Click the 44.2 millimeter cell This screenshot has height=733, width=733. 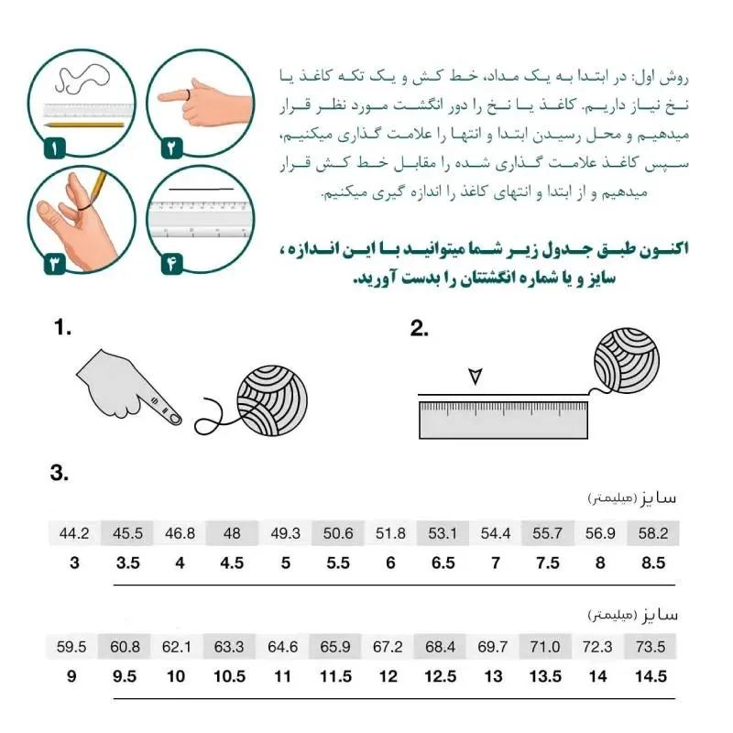[x=74, y=533]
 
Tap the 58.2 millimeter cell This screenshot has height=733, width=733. [x=653, y=533]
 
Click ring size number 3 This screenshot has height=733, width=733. [x=74, y=563]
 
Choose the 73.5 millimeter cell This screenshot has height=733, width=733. [x=653, y=647]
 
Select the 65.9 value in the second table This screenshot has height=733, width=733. [x=336, y=647]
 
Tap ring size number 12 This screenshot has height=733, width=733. [x=388, y=677]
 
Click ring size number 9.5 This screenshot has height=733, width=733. [x=126, y=677]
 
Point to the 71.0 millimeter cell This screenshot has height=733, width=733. [x=548, y=647]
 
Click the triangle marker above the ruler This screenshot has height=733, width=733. [x=474, y=377]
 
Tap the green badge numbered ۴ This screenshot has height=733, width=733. [x=170, y=263]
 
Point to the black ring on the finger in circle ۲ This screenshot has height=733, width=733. [x=184, y=95]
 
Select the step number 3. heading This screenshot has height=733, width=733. [x=60, y=474]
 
